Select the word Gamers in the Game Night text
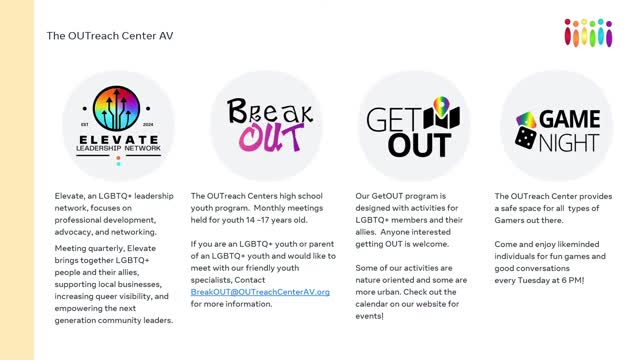tap(511, 220)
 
